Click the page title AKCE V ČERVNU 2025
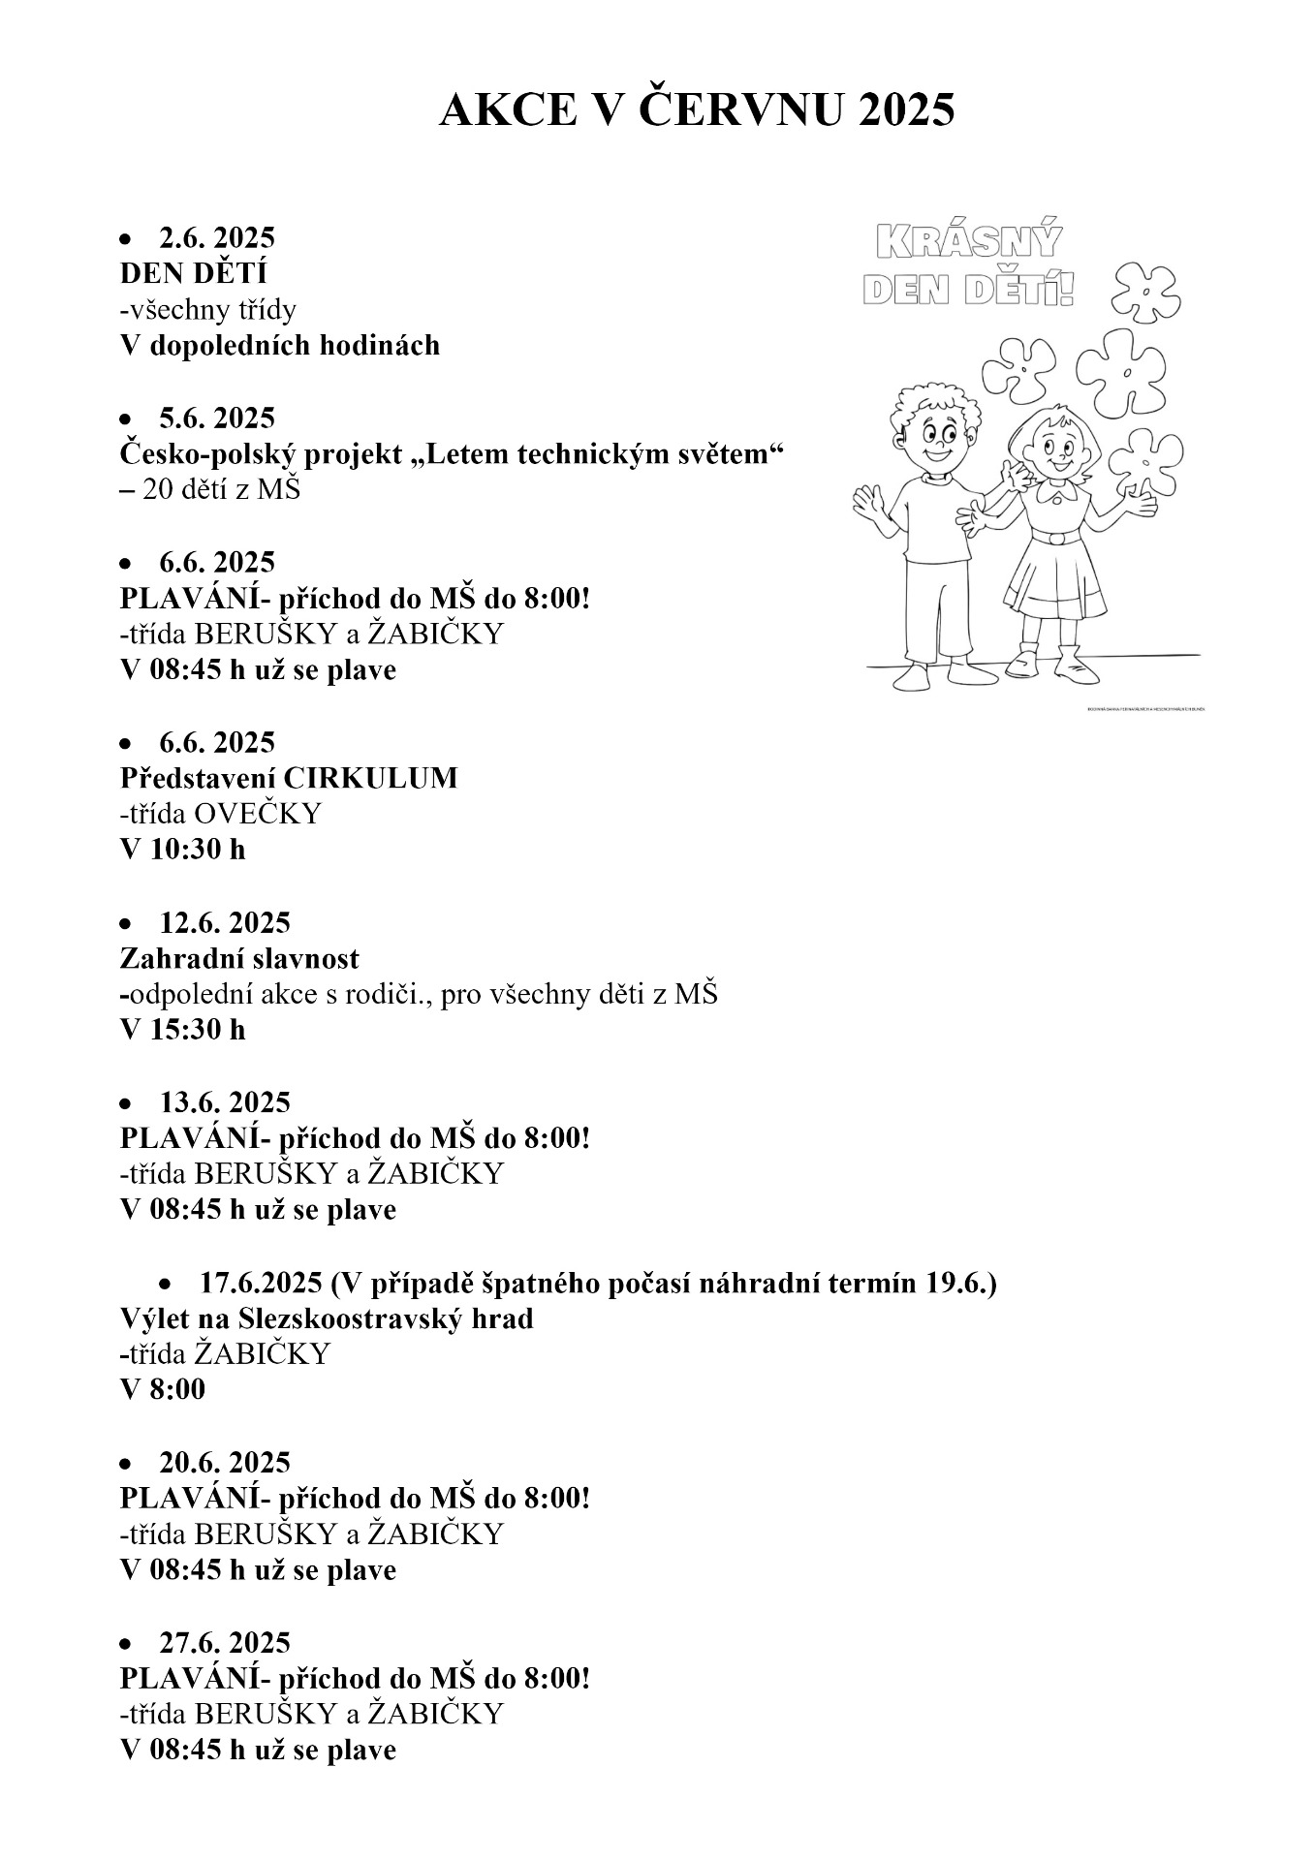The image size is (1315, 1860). (x=696, y=111)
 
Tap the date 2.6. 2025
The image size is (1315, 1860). (x=217, y=237)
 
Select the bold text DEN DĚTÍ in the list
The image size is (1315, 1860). (x=193, y=273)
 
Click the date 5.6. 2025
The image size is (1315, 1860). (x=217, y=418)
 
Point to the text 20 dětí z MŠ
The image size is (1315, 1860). (x=222, y=489)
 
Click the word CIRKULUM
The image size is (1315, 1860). (x=370, y=778)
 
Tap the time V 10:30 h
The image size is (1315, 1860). (x=182, y=850)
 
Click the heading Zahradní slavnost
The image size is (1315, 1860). (x=239, y=958)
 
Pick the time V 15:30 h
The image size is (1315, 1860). (x=182, y=1030)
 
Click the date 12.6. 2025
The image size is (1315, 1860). (x=224, y=922)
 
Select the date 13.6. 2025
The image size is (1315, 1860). (x=224, y=1102)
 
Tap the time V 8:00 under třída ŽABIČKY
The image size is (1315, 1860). (x=163, y=1390)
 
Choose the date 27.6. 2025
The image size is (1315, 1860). (x=224, y=1642)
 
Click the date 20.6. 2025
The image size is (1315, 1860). (x=224, y=1462)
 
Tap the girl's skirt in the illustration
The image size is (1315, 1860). (x=1054, y=581)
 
